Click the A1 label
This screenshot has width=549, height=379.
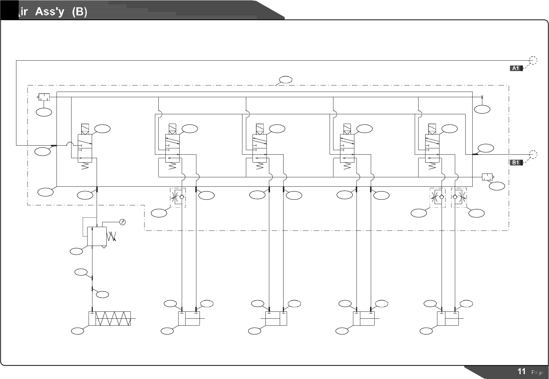point(516,68)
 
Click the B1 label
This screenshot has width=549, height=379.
point(516,162)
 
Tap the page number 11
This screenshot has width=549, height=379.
point(521,371)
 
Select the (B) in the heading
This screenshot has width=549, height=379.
point(79,12)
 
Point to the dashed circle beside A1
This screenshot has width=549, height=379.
point(533,60)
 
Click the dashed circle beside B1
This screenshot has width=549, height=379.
point(533,154)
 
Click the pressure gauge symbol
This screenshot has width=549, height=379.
point(122,222)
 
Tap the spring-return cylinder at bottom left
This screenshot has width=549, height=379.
point(110,318)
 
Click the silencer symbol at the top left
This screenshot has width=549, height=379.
point(44,97)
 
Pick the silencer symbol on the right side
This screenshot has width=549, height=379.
point(487,177)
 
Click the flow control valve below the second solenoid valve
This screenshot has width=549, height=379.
point(178,197)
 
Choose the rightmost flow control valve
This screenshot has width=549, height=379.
point(459,197)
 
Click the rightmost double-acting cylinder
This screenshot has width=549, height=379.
point(448,318)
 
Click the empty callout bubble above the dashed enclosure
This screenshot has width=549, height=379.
point(285,80)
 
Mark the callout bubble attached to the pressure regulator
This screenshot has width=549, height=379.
point(76,251)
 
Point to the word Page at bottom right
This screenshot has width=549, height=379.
point(537,372)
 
